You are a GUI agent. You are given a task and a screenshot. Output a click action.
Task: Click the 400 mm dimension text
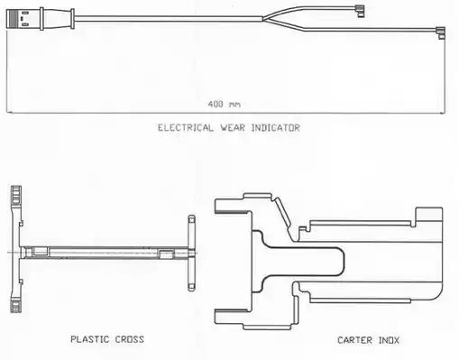click(225, 105)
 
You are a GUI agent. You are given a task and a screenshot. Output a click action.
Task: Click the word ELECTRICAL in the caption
click(186, 128)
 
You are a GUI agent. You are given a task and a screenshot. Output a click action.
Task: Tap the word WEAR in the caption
click(233, 128)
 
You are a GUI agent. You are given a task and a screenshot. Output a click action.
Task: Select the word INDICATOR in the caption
click(275, 128)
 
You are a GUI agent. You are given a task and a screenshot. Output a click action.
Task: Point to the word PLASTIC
click(90, 339)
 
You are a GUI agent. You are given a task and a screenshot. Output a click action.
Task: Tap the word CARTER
click(354, 340)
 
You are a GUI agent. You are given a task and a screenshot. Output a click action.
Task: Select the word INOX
click(389, 340)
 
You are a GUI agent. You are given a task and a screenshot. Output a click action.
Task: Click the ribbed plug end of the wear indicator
click(13, 19)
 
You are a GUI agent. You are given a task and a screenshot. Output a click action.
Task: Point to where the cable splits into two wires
click(263, 19)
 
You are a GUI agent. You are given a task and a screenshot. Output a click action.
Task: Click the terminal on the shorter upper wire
click(359, 11)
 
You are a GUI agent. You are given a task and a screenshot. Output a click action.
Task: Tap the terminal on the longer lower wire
click(440, 32)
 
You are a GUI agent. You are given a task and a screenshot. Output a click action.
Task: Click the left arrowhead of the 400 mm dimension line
click(9, 113)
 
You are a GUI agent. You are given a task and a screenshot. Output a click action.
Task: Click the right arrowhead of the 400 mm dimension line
click(443, 113)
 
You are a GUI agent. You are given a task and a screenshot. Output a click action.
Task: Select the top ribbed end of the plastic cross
click(16, 195)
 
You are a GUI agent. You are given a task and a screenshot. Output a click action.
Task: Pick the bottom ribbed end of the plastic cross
click(16, 304)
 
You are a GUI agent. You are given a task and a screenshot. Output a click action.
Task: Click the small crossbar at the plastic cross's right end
click(191, 253)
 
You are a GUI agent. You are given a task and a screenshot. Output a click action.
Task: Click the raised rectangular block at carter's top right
click(428, 217)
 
